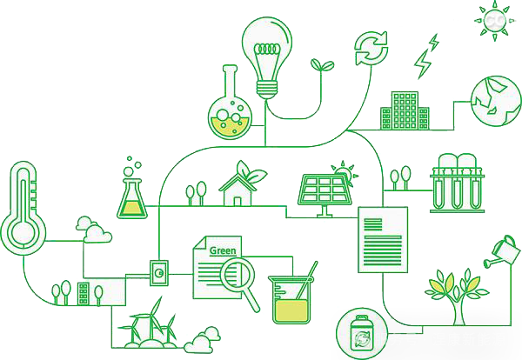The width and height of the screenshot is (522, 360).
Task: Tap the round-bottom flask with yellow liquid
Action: coord(230,117)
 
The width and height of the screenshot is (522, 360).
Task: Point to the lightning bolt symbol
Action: coord(425,56)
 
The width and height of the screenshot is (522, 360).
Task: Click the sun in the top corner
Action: coord(493,17)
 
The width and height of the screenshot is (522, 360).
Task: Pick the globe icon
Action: coord(494,99)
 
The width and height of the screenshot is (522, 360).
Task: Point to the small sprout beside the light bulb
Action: coord(320,65)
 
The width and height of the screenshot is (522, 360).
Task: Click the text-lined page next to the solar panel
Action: coord(383,234)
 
